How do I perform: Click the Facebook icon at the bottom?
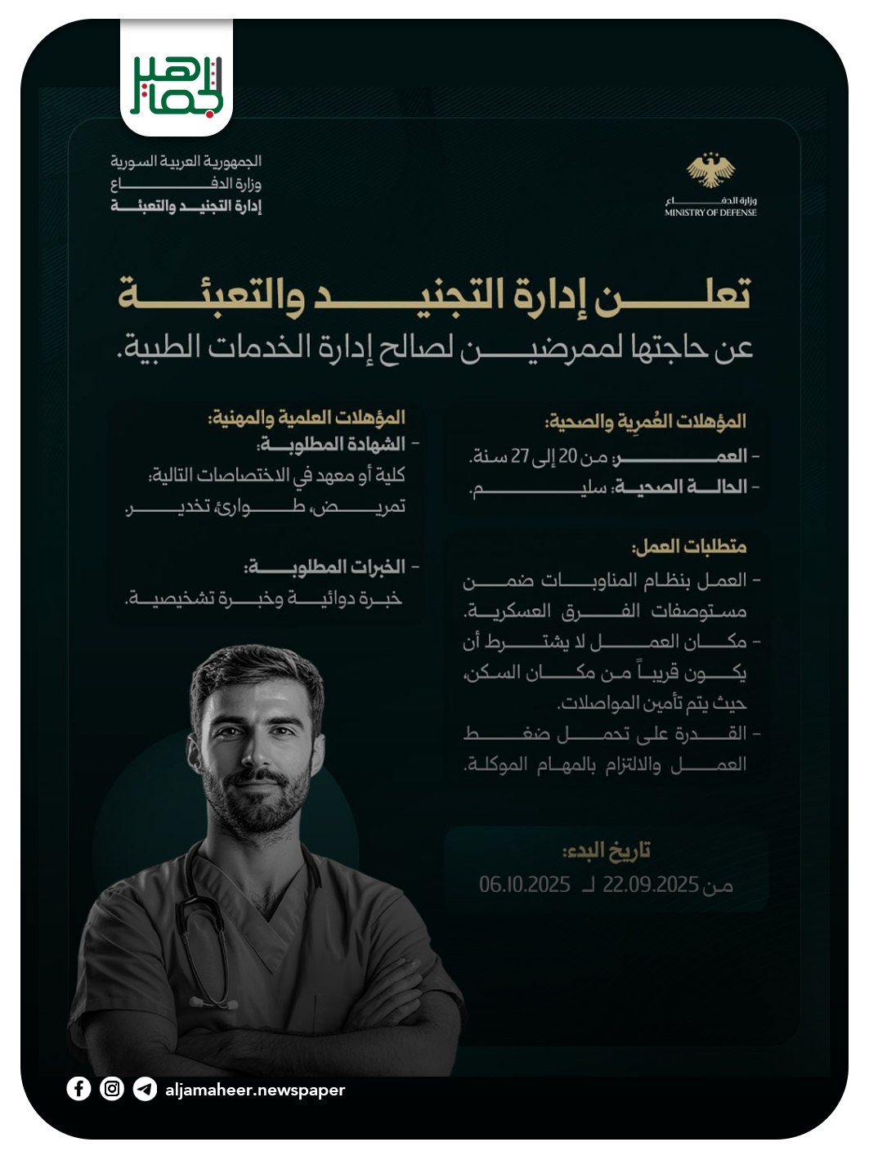tap(78, 1088)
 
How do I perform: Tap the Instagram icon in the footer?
tap(112, 1088)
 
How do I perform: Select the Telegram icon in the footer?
tap(145, 1089)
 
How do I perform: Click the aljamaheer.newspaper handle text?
tap(255, 1090)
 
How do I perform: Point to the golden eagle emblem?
tap(710, 170)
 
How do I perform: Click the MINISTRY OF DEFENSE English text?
tap(710, 213)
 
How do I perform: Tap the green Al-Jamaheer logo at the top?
tap(177, 86)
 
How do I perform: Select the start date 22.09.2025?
tap(650, 885)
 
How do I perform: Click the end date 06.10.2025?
tap(524, 885)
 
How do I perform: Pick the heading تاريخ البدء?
tap(607, 851)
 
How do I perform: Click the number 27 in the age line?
tap(521, 456)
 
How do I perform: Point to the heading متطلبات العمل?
tap(689, 546)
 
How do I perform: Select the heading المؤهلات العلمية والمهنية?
tap(307, 418)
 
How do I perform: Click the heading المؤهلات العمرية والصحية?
tap(646, 422)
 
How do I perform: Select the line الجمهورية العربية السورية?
tap(186, 161)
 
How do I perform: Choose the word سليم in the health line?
tap(540, 488)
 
